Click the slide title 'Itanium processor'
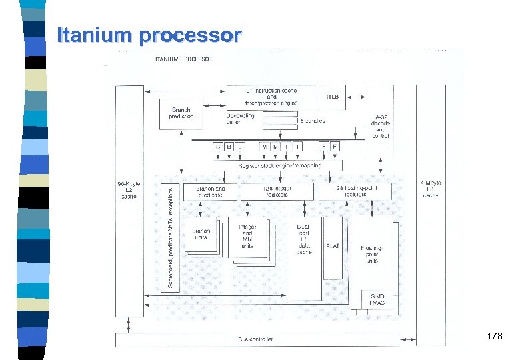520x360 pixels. point(148,35)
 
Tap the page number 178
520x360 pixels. point(494,337)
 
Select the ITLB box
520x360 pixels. point(332,97)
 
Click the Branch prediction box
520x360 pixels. point(181,113)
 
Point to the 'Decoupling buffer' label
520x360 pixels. point(240,119)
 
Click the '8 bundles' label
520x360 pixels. point(313,121)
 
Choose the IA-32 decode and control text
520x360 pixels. point(380,124)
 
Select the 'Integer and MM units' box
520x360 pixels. point(247,237)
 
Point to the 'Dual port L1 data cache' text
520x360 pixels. point(303,239)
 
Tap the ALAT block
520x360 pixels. point(332,247)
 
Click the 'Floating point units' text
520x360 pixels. point(371,255)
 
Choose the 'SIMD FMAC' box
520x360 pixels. point(377,299)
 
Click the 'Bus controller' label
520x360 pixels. point(255,339)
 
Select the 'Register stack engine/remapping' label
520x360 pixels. point(279,165)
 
